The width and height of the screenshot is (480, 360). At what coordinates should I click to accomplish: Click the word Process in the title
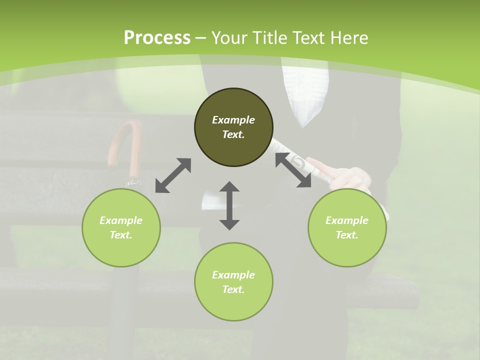(x=157, y=38)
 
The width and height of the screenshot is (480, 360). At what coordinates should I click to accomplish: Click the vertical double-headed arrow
(x=229, y=205)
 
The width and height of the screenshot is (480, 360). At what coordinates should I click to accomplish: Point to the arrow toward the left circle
(x=173, y=175)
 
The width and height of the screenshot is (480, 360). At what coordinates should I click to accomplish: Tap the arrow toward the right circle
(x=293, y=170)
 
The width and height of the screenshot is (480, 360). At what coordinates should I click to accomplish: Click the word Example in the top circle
(x=233, y=120)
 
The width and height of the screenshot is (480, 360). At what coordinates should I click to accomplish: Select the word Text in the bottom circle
(x=233, y=289)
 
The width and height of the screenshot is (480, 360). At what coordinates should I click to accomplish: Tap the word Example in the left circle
(x=121, y=220)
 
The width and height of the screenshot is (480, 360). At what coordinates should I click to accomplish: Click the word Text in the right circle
(x=347, y=235)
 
